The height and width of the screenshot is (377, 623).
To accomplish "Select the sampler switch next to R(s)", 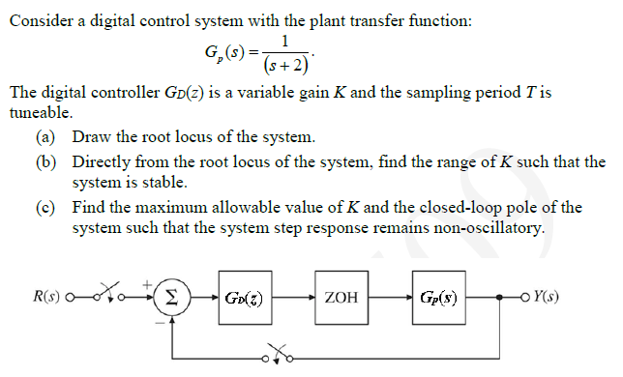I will (99, 291).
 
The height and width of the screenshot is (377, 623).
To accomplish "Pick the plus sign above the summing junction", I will (148, 281).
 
